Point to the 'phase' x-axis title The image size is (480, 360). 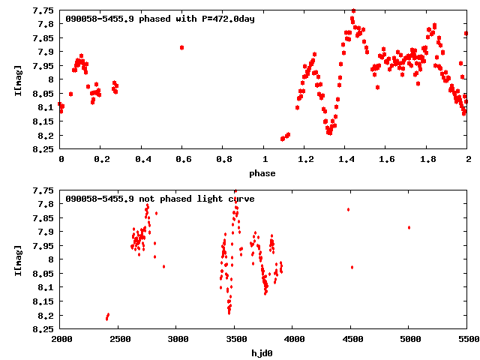tap(263, 173)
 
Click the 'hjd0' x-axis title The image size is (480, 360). tap(263, 353)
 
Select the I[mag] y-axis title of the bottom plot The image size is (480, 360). tap(17, 259)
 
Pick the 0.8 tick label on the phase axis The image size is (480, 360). tap(223, 160)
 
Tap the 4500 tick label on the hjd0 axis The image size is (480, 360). tap(350, 340)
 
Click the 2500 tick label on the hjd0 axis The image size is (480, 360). tap(118, 340)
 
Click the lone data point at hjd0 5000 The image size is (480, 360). tap(409, 227)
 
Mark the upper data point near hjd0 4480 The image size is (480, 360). tap(348, 209)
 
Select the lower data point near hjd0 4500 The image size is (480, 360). tap(352, 267)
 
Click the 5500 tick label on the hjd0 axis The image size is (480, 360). tap(466, 340)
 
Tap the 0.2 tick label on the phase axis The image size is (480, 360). tap(101, 160)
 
